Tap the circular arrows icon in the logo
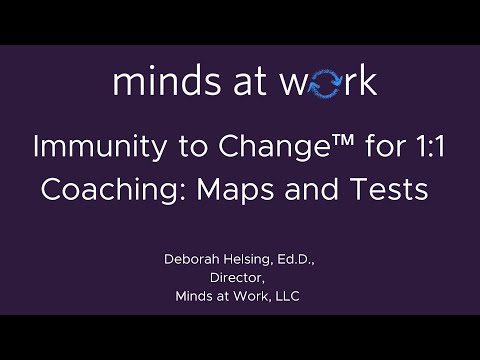[327, 83]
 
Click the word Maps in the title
[243, 190]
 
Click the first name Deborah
[191, 260]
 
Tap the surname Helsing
[249, 260]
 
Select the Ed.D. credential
[296, 260]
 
